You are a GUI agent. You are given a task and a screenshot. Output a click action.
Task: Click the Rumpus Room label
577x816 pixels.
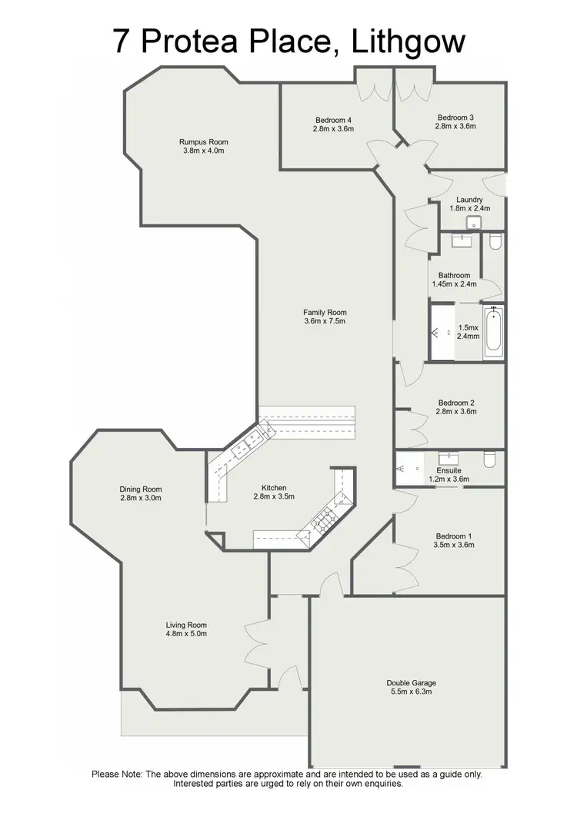click(204, 142)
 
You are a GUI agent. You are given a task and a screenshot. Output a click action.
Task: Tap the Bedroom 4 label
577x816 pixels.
click(334, 120)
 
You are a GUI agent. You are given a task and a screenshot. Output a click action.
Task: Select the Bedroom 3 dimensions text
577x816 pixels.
click(455, 126)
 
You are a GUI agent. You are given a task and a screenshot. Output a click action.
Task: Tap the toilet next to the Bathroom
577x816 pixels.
click(495, 242)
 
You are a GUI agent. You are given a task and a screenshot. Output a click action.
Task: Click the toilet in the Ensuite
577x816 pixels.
click(489, 460)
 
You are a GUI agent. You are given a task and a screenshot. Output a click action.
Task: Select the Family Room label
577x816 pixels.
click(325, 313)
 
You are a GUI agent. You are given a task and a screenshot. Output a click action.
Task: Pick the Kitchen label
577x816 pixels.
click(274, 488)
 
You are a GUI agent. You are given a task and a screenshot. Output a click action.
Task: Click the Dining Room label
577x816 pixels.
click(141, 489)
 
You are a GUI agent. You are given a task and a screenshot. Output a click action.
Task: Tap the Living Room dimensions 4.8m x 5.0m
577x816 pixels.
click(187, 634)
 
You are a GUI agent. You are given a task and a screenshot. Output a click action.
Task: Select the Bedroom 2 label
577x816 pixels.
click(457, 403)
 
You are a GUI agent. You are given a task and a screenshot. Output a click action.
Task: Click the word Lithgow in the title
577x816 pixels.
click(408, 41)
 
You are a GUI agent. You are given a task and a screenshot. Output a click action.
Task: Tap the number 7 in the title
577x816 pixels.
click(122, 41)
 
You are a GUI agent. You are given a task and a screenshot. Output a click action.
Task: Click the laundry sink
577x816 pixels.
click(474, 223)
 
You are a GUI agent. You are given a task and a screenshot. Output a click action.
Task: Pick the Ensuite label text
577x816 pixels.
click(449, 470)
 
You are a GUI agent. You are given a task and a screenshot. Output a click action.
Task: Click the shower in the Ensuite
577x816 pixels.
click(408, 466)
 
